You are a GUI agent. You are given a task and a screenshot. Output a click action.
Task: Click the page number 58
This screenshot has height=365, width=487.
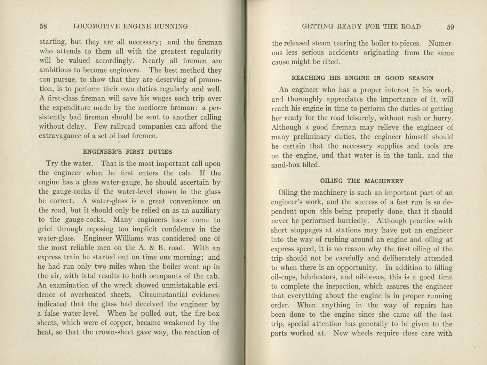tap(43, 26)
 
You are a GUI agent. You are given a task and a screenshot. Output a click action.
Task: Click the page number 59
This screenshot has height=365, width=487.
tap(450, 27)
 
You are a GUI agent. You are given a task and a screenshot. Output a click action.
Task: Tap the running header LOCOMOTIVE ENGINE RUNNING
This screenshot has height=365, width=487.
tap(131, 26)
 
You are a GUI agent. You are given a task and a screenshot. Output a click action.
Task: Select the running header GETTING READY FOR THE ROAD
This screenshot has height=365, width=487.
tap(361, 27)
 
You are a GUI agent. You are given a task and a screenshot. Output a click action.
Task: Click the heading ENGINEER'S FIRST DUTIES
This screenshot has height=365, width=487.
tap(127, 152)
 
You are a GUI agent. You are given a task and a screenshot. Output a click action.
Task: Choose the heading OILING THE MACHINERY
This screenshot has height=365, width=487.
tap(362, 181)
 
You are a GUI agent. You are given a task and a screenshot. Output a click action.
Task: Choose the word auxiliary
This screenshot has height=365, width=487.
tap(204, 210)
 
